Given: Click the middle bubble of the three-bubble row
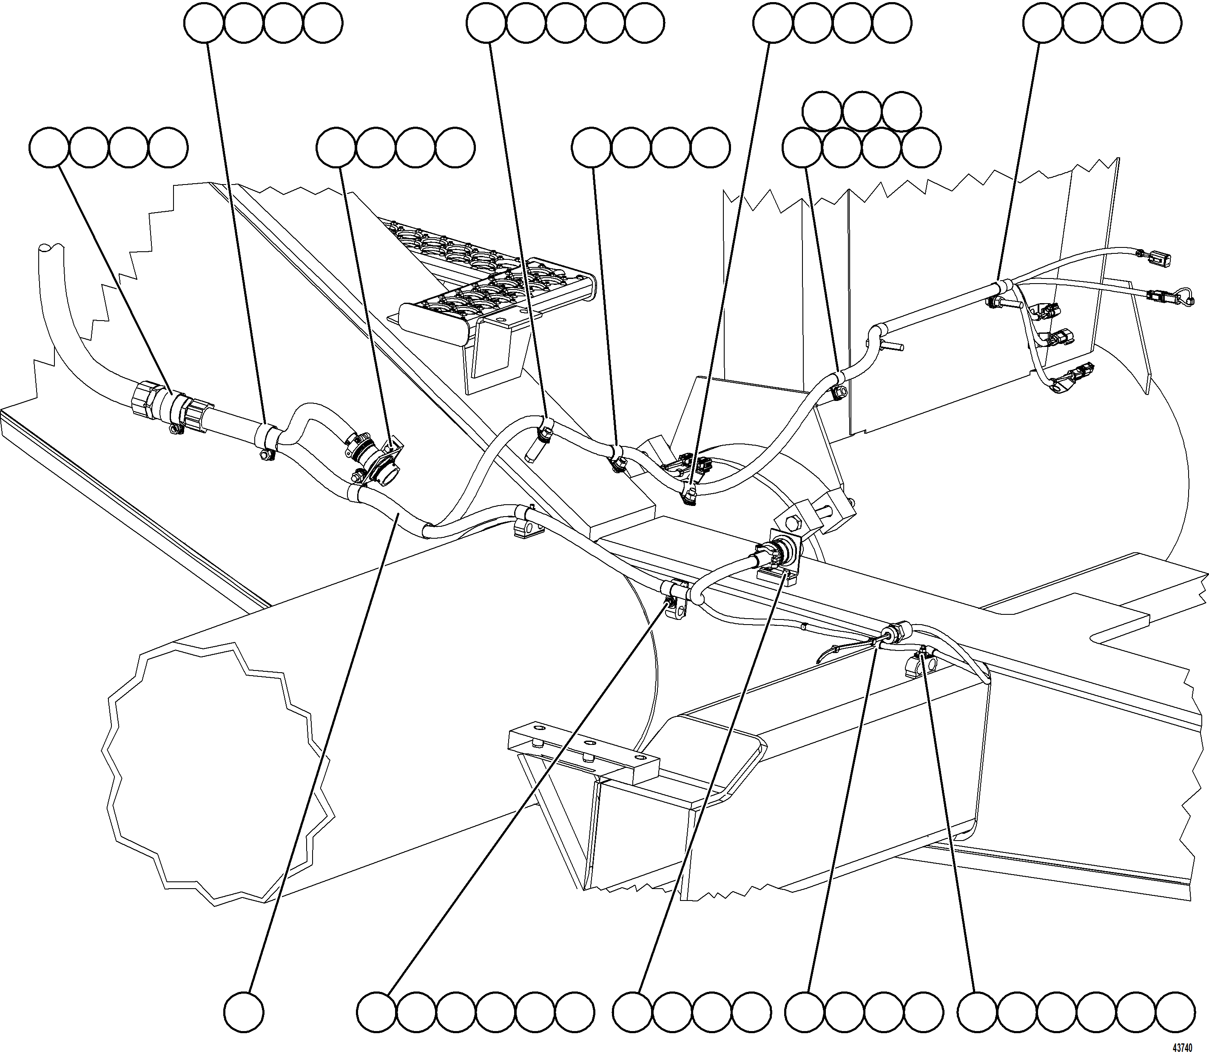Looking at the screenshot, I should [x=862, y=111].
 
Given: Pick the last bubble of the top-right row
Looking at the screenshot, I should [x=1161, y=23].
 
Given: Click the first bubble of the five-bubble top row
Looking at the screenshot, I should [x=486, y=23].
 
